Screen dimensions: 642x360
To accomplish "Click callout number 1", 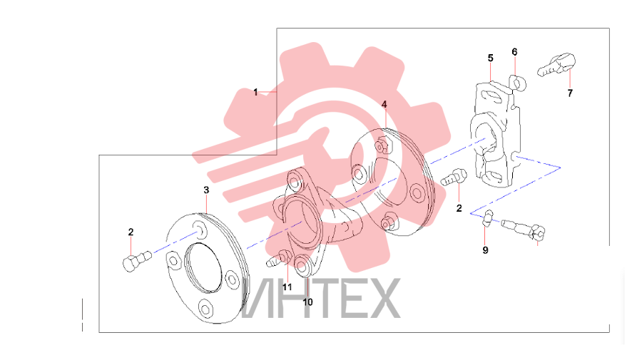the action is (255, 93).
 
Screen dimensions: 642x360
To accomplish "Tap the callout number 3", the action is (206, 190).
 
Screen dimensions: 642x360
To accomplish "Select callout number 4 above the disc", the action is (384, 105).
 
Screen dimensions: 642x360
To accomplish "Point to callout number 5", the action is (491, 58).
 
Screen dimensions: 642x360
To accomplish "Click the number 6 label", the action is (514, 52).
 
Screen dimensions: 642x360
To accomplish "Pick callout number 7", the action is (570, 93).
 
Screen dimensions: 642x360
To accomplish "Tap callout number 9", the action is (485, 250).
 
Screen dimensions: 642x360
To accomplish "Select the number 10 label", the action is (307, 302).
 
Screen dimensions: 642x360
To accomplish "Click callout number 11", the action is (287, 287).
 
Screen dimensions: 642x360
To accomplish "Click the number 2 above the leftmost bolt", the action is (131, 232).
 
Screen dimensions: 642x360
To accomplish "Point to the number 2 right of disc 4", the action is (459, 208).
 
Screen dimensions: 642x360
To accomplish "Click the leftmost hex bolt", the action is (137, 262).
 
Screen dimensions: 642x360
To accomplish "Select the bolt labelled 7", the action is (556, 65).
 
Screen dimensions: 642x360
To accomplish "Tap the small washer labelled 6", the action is (518, 83).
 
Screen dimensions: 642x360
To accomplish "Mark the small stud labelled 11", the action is (278, 259).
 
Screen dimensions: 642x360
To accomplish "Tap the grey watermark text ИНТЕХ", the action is (320, 298).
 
